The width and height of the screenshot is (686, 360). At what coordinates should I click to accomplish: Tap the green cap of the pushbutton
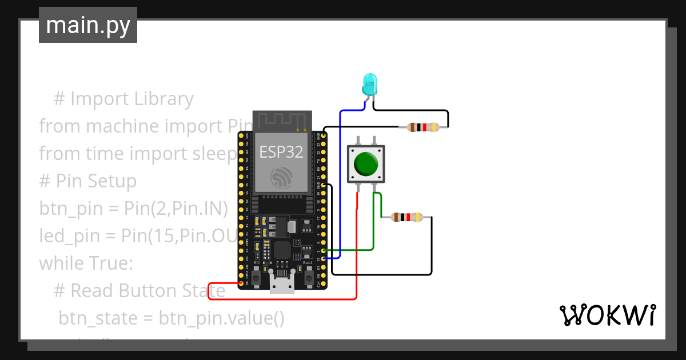[366, 163]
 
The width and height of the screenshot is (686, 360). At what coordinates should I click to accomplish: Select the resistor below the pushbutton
[406, 217]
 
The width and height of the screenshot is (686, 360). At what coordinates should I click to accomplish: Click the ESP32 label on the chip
[281, 152]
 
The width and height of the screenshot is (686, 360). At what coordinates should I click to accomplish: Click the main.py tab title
[88, 26]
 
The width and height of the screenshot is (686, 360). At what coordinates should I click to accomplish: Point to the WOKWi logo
[607, 315]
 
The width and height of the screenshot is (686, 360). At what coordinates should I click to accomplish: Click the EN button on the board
[257, 277]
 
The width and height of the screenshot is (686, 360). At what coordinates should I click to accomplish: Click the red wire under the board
[286, 299]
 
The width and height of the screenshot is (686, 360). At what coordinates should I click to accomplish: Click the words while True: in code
[86, 263]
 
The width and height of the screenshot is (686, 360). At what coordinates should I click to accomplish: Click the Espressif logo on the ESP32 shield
[281, 178]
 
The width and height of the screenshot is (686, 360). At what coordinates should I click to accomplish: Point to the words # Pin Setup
[87, 181]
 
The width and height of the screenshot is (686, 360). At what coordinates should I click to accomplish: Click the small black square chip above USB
[282, 250]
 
